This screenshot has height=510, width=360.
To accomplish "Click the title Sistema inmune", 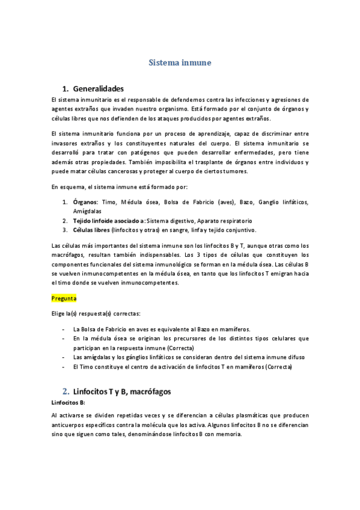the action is click(x=180, y=62).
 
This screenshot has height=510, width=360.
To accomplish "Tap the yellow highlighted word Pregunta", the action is click(x=64, y=298).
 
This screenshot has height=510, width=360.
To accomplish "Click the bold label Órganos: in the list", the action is click(x=86, y=202).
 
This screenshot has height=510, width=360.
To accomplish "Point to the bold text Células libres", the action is click(x=91, y=230).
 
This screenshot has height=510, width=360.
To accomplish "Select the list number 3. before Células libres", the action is click(x=66, y=230).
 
